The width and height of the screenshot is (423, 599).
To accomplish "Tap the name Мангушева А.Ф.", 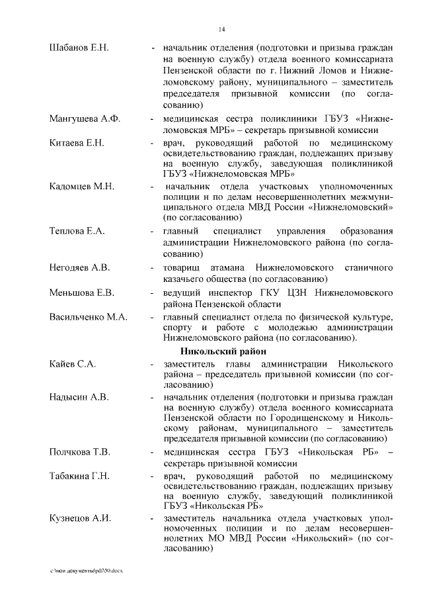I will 83,118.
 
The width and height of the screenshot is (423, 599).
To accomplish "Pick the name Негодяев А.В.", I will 79,268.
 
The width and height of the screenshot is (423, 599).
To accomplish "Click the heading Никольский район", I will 222,351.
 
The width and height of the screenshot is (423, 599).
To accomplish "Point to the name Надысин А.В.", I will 79,396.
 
